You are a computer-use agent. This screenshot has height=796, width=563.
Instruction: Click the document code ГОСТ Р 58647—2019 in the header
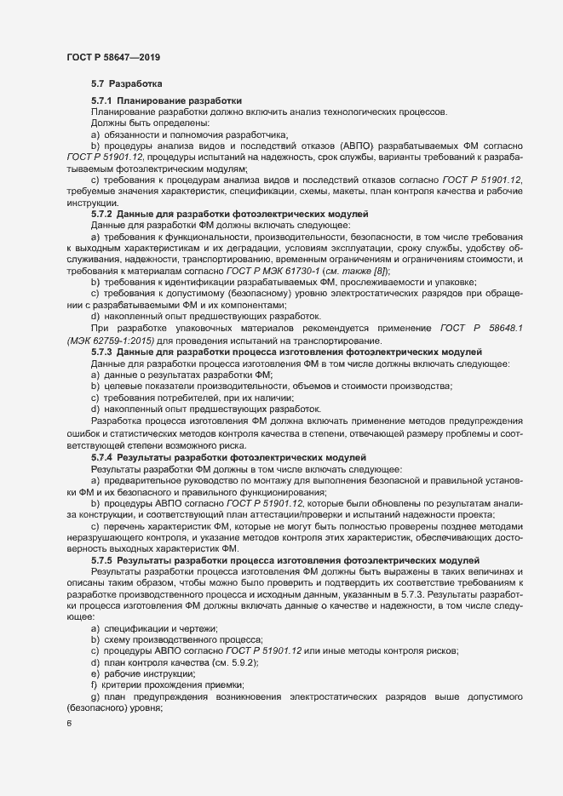coord(113,57)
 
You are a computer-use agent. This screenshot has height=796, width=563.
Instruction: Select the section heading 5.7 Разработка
coord(121,84)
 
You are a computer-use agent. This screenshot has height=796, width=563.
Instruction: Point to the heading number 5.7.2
coord(103,213)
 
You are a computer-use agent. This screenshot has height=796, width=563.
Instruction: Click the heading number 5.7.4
coord(103,457)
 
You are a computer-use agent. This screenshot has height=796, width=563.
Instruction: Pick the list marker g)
coord(95,696)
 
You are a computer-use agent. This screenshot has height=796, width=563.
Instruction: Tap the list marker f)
coord(94,684)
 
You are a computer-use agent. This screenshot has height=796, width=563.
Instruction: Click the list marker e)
coord(95,673)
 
